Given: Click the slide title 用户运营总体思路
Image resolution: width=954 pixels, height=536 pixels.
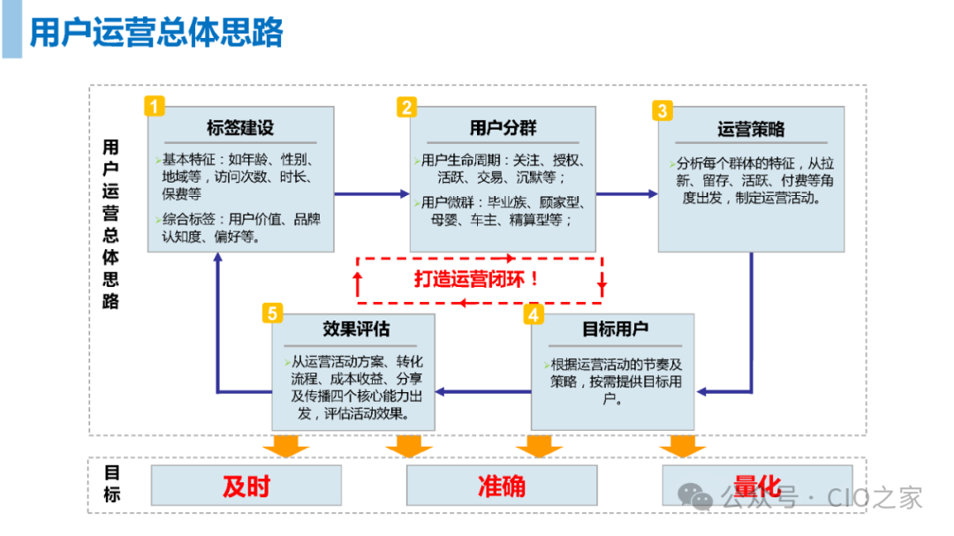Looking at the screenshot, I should pos(156,33).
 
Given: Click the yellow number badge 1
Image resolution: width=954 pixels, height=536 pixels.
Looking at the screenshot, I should pos(155,107).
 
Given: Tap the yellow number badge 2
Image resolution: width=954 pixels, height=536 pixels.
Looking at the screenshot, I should pos(406,107).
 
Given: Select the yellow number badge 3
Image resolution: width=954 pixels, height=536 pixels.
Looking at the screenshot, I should pos(662,110).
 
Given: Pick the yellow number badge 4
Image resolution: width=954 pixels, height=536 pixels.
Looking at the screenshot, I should pos(533,313).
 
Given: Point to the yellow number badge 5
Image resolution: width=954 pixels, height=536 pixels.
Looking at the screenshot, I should pos(273,313).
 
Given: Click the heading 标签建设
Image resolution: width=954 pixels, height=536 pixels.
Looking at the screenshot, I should pos(240,127).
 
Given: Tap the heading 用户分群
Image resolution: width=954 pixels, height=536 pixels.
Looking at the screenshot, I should pos(502,127).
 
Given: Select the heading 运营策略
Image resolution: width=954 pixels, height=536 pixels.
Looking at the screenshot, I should pos(751,129).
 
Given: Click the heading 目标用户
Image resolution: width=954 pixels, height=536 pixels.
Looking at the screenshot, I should pos(615,328).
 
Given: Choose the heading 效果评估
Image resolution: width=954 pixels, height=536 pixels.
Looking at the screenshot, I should pos(356,328).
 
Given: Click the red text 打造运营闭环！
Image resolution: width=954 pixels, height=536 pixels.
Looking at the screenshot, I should pos(477,279).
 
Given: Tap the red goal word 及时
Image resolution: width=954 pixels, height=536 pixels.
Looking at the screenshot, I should pos(246,486).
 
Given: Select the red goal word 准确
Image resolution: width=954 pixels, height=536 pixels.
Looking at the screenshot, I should pos(501,486).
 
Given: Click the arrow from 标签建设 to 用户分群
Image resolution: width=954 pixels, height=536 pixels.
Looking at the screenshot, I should pos(372,193).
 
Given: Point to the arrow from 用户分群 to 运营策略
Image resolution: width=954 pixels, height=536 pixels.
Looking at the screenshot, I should pos(626,193).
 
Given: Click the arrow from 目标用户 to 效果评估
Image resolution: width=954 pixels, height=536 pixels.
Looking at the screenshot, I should pos(483,390).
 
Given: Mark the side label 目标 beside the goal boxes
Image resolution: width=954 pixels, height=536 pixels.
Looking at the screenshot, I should pos(112,483).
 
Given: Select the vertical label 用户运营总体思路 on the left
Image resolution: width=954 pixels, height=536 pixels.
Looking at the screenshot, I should pos(111,223).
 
